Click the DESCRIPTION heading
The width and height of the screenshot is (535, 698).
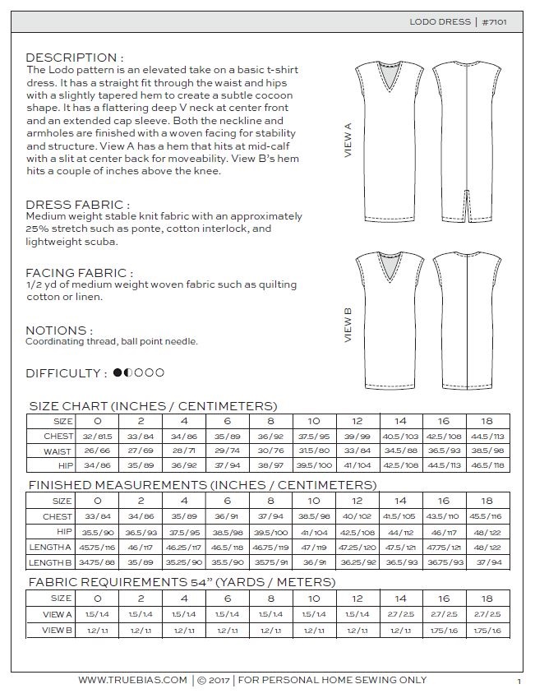75,58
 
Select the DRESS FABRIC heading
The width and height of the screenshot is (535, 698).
77,205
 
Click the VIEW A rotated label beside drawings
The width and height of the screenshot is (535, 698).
348,141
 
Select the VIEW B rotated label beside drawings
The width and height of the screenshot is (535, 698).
348,325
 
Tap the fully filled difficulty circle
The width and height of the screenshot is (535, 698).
118,372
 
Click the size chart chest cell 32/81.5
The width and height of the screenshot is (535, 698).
98,436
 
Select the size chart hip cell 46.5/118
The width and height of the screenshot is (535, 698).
487,465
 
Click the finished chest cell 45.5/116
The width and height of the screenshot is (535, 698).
487,515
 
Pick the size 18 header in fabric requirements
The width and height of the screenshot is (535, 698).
487,599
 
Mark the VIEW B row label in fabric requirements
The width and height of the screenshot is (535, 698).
58,630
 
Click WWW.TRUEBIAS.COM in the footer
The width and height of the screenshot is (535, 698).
134,680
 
